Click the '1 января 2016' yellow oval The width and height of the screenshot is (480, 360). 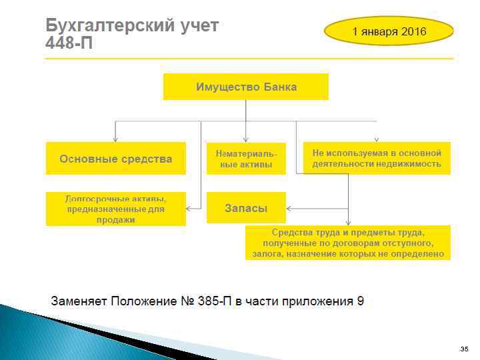coord(389,31)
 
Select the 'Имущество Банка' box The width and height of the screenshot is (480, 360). coord(246,87)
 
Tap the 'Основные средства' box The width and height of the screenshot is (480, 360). coord(115,159)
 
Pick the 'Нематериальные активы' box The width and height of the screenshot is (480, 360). coord(246,159)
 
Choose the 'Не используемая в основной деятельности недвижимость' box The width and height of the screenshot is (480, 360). coord(377,158)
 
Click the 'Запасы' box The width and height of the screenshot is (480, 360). coord(246,208)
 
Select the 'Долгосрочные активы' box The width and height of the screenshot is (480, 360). coord(115,209)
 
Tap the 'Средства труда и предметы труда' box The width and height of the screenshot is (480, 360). coord(348,243)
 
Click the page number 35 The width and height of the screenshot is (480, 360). coord(464,349)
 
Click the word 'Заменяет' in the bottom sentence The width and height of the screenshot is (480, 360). coord(79,301)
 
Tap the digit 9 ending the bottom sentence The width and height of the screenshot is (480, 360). coord(360,301)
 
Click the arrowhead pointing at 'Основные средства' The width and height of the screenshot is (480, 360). coord(115,139)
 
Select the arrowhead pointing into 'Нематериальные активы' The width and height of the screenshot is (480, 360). coord(246,139)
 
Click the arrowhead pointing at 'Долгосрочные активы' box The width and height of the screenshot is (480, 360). coord(189,209)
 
